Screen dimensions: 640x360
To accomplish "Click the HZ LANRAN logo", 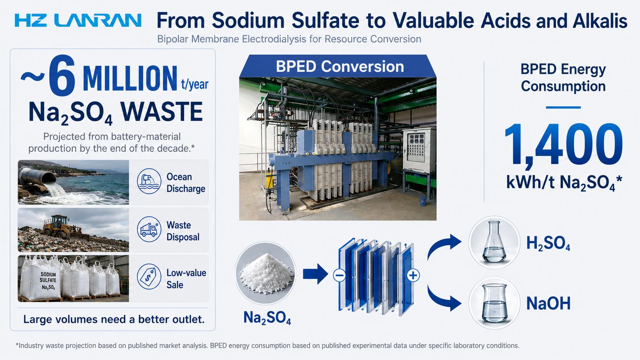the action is click(78, 21).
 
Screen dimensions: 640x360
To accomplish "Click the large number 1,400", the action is click(563, 145).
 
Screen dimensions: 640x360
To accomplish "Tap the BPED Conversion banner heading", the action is click(340, 67).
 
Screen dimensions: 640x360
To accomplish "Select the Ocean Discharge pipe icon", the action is click(149, 181).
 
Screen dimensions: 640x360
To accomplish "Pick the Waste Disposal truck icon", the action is click(149, 229).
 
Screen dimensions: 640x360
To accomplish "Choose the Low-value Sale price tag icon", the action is click(149, 277).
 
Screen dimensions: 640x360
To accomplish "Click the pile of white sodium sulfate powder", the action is click(266, 274).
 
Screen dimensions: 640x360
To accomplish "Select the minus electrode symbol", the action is click(340, 275).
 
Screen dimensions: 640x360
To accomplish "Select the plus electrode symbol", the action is click(413, 275).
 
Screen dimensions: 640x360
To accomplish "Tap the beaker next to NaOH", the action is click(495, 303).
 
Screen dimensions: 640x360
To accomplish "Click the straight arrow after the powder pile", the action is click(315, 274).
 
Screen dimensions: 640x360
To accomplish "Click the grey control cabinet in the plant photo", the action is click(419, 151).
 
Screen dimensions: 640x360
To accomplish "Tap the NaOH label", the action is click(548, 303).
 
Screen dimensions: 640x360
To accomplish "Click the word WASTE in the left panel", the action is click(162, 112).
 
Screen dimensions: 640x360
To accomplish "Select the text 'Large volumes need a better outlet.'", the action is click(114, 319).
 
